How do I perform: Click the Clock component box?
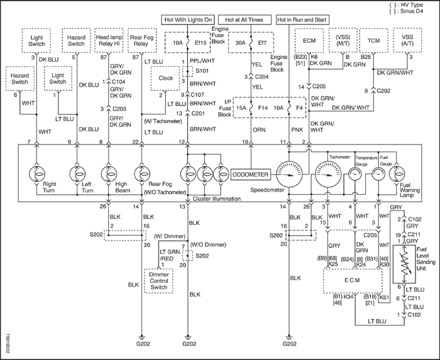click(x=166, y=79)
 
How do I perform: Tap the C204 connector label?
click(x=263, y=76)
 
